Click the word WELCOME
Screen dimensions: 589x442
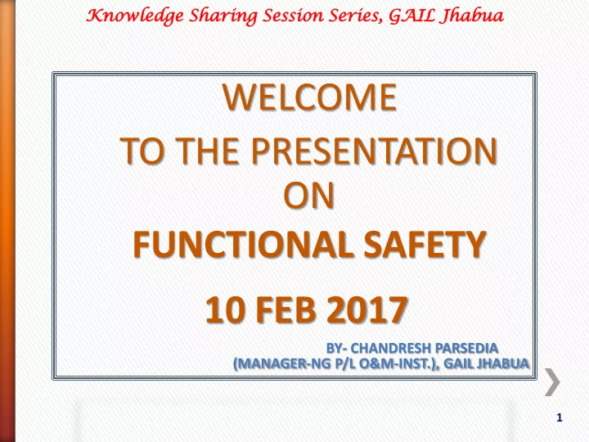tap(309, 97)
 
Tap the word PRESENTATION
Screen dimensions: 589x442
tap(374, 151)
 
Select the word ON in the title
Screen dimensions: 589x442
tap(308, 196)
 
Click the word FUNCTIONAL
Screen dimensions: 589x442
tap(243, 244)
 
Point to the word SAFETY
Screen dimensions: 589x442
tap(425, 244)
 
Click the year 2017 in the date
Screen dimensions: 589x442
tap(367, 309)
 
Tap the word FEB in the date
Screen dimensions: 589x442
tap(286, 309)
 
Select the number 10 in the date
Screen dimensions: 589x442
tap(224, 309)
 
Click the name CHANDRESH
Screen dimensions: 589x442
tap(390, 349)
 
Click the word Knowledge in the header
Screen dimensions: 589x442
tap(135, 16)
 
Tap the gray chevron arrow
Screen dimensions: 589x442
tap(552, 382)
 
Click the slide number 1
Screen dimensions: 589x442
tap(560, 417)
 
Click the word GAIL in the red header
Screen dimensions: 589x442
tap(412, 16)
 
